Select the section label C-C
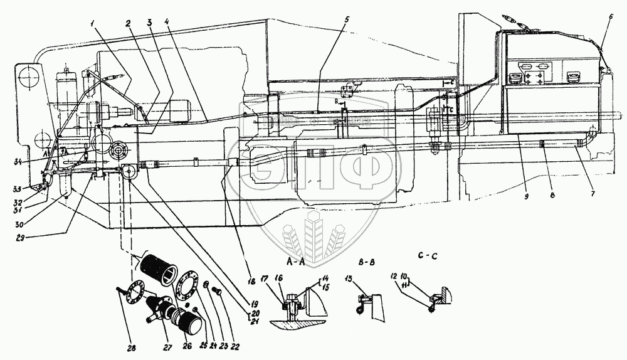[x=426, y=256]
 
